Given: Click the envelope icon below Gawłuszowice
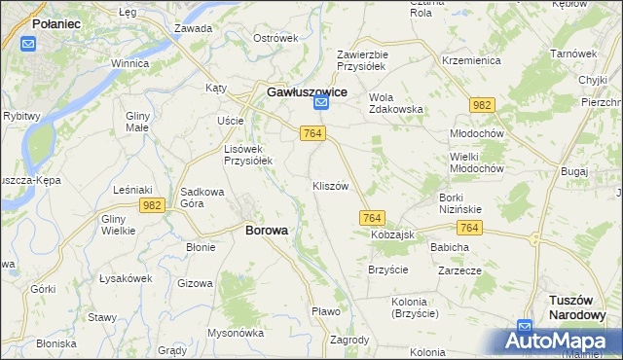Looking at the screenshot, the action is click(x=321, y=103).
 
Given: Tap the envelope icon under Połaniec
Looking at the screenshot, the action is click(x=28, y=43).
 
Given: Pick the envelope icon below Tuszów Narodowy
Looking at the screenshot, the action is click(x=525, y=327).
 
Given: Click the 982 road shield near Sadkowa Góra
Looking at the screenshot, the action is click(x=151, y=205).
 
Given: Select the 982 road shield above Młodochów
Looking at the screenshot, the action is click(x=480, y=104).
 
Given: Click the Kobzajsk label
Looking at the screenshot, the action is click(x=392, y=235).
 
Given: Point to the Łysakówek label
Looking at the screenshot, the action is click(x=127, y=278).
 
